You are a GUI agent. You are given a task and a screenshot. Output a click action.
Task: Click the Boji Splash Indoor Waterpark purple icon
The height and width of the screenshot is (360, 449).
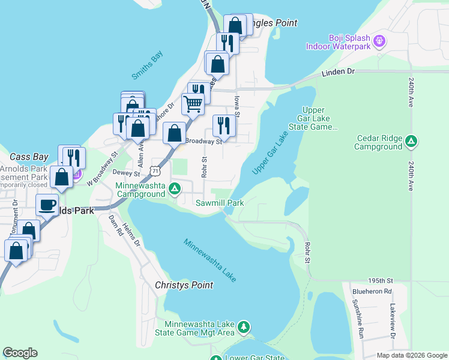point(379,41)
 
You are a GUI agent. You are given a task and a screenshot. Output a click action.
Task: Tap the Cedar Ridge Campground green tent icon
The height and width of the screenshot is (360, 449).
point(411,142)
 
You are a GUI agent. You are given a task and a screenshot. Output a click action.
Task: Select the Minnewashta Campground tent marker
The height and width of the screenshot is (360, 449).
point(175,190)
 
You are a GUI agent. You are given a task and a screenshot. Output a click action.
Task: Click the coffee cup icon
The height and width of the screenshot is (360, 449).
point(46,205)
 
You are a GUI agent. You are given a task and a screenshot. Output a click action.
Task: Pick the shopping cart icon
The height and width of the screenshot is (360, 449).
point(193,104)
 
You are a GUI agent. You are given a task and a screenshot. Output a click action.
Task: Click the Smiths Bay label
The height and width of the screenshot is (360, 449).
point(147,65)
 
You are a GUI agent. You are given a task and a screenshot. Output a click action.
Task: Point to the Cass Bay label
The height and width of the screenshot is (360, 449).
point(29,157)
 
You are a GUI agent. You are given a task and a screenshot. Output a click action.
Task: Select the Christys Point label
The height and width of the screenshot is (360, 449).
point(184,285)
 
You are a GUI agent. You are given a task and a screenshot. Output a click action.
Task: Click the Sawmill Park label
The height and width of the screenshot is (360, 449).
point(220,203)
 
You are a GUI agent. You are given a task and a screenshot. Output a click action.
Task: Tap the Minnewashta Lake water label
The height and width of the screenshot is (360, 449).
point(210,260)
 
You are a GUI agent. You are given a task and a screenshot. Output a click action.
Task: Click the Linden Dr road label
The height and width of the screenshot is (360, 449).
point(339,71)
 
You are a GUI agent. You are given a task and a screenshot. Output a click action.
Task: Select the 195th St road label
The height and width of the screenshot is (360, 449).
point(381,281)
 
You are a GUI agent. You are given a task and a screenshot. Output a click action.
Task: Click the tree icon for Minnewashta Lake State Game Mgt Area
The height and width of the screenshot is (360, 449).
point(243,327)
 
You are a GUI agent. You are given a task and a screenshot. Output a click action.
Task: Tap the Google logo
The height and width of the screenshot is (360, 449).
point(20,353)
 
